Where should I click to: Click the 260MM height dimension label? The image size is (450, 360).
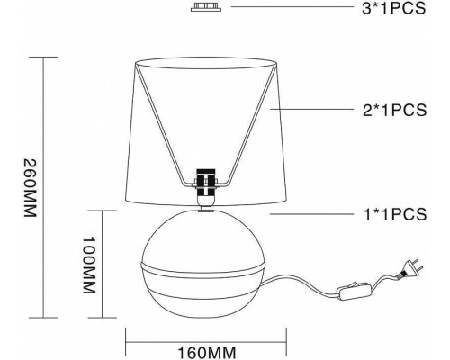[31, 188]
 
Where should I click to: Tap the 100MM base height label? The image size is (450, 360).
[89, 265]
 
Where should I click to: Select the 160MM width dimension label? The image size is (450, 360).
[207, 353]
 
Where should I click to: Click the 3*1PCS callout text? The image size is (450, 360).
[394, 8]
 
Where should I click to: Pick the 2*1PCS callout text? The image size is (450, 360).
[394, 110]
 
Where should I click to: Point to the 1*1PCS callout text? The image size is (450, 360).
[395, 214]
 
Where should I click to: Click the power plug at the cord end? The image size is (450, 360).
[410, 269]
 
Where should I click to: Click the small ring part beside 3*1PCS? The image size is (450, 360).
[206, 7]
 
